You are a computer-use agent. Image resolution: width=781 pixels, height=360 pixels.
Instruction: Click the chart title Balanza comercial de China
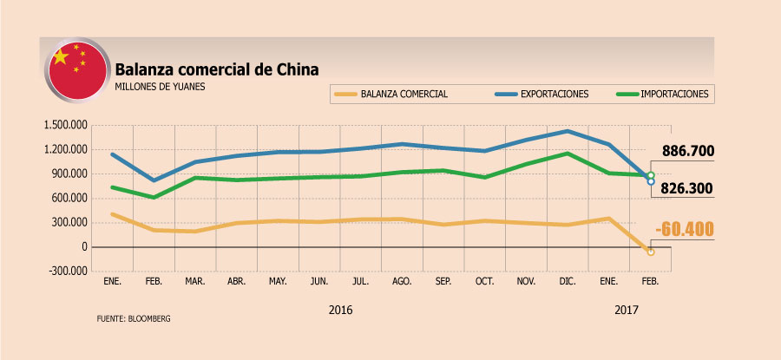point(217,69)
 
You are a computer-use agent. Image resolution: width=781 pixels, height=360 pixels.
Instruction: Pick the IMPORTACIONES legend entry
point(673,94)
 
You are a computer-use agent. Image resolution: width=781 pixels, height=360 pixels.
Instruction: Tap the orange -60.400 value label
point(686,230)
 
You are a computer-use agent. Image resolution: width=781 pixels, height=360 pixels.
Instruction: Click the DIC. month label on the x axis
point(568,283)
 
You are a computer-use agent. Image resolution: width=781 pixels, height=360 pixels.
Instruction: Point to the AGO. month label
point(403,283)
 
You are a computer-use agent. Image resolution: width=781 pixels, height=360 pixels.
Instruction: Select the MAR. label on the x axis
point(194,283)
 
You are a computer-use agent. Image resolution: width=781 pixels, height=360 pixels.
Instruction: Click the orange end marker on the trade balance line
point(651,252)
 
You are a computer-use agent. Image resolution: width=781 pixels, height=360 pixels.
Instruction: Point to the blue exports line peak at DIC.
point(568,131)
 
